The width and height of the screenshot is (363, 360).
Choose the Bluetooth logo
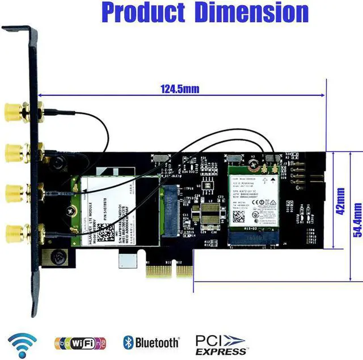pyautogui.click(x=151, y=342)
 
